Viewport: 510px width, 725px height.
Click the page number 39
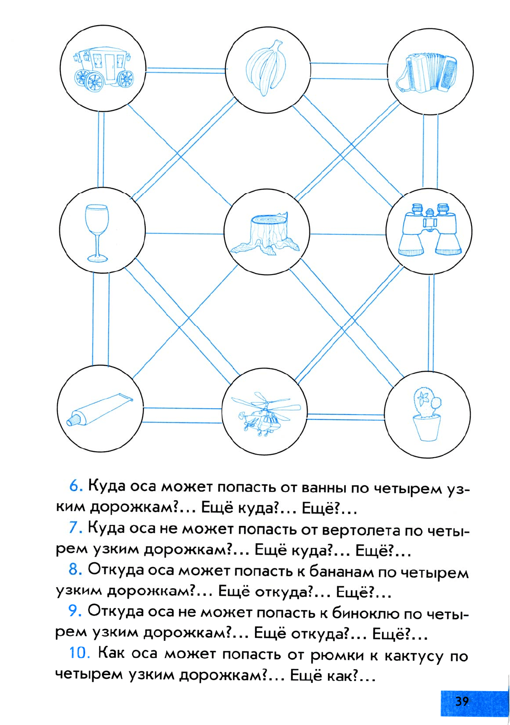pyautogui.click(x=462, y=701)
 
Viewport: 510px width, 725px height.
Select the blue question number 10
pyautogui.click(x=80, y=652)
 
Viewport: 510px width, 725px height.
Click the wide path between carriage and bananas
pyautogui.click(x=186, y=70)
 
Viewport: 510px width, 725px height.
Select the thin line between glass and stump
pyautogui.click(x=184, y=233)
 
